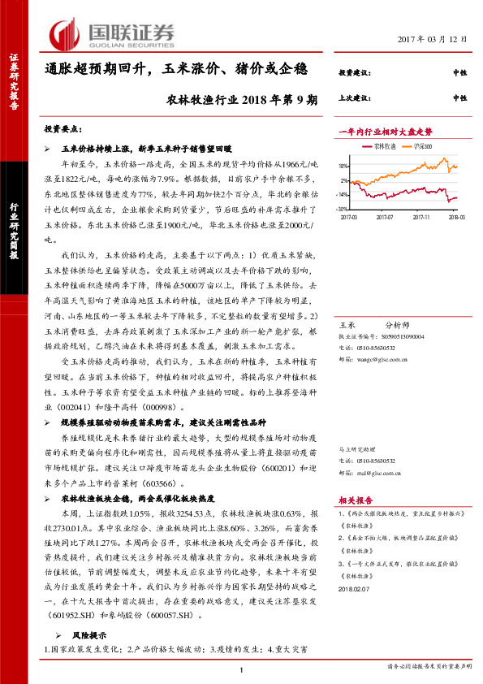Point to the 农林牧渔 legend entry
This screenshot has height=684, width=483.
[x=384, y=145]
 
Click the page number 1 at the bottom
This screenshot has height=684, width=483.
[x=241, y=669]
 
